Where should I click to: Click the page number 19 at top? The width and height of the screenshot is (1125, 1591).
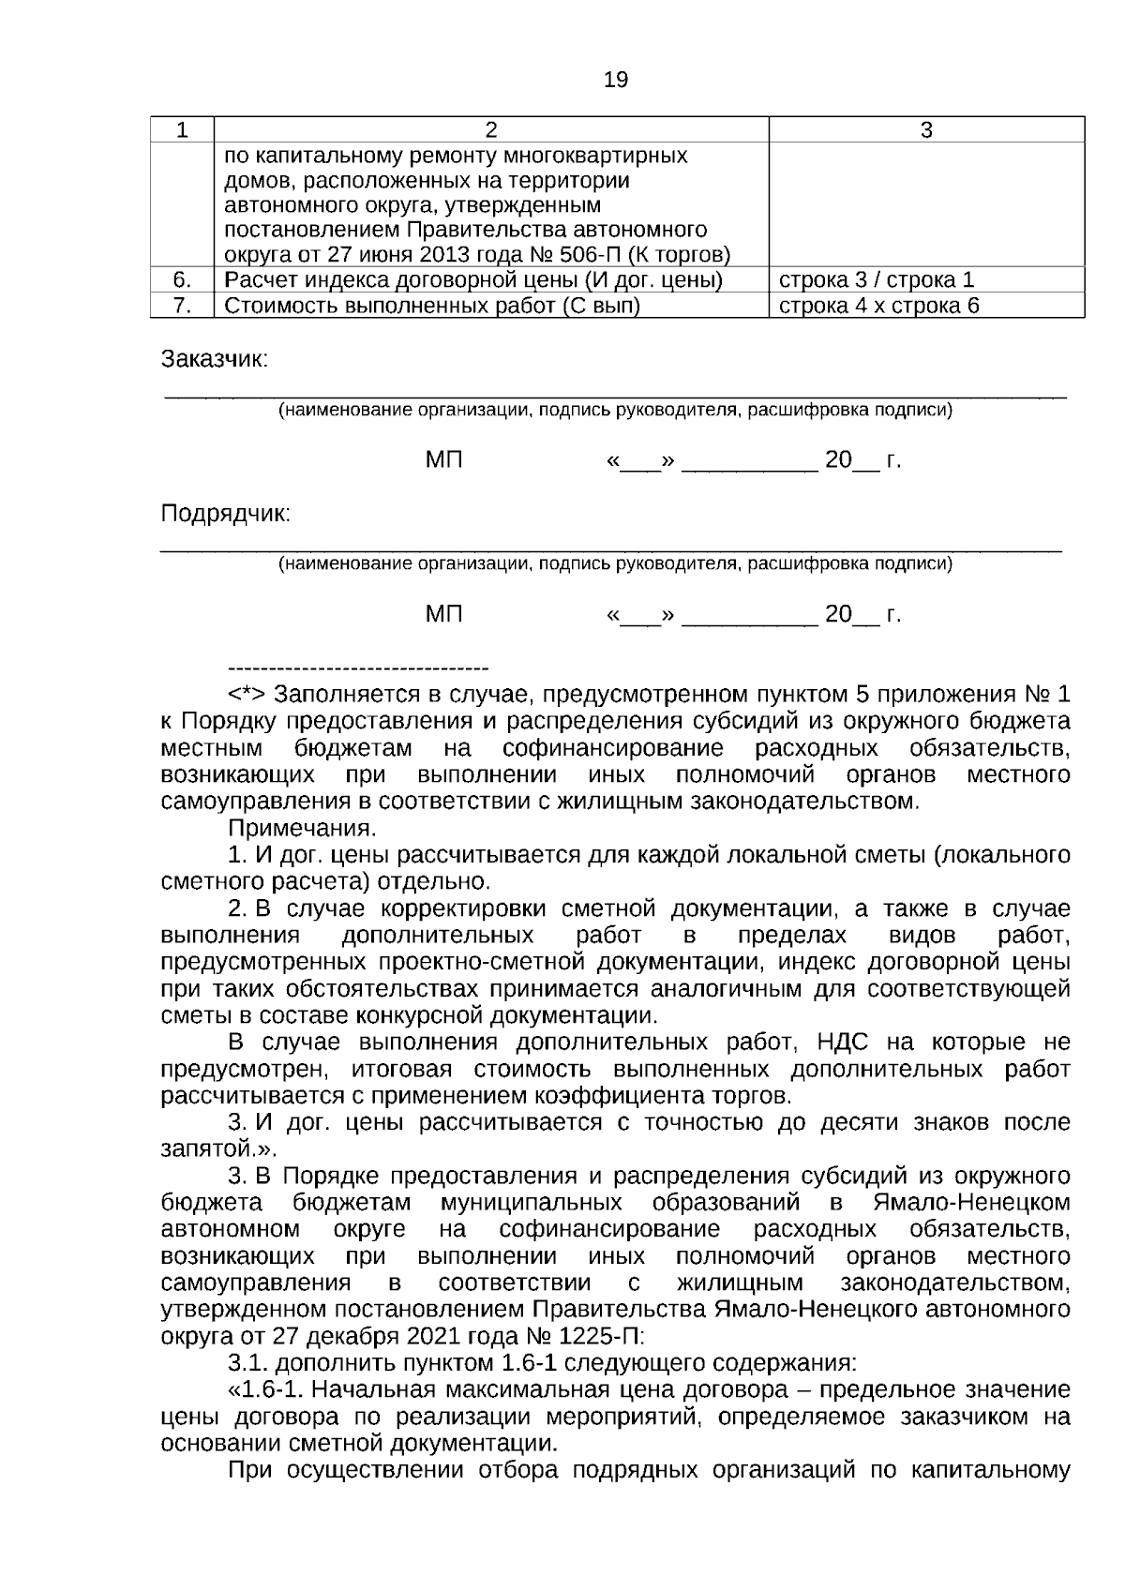[616, 81]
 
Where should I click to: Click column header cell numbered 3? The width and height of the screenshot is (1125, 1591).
[925, 130]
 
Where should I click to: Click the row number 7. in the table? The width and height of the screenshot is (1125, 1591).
[183, 306]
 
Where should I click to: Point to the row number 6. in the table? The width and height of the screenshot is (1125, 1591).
[183, 280]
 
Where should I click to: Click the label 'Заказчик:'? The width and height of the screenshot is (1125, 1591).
[215, 360]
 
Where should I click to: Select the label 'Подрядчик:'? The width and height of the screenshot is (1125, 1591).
[225, 515]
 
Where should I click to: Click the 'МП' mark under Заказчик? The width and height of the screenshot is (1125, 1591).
[443, 460]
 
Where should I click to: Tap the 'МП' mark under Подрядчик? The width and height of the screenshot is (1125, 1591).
[443, 615]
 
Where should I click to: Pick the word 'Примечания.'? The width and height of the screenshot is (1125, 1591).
[302, 830]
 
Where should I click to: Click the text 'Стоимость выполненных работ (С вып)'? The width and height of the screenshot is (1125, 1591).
[432, 306]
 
